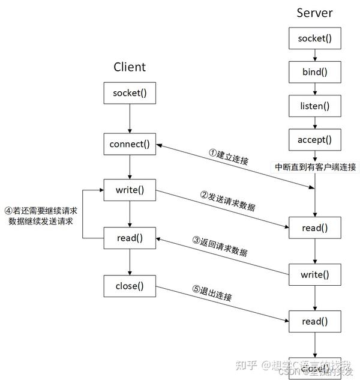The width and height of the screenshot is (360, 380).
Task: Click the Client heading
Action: click(130, 67)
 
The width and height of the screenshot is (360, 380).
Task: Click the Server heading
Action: click(314, 13)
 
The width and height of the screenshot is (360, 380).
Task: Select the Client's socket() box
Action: click(130, 93)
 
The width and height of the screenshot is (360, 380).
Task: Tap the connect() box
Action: click(130, 144)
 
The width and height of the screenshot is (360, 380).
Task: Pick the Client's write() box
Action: click(130, 190)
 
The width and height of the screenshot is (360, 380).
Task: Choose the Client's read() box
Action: click(130, 237)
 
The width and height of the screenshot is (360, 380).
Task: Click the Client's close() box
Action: click(130, 286)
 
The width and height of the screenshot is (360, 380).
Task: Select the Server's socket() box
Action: click(315, 39)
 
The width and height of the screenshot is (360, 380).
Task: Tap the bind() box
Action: click(315, 73)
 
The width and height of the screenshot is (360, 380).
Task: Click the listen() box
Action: click(315, 106)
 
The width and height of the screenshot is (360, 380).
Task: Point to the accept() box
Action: click(315, 140)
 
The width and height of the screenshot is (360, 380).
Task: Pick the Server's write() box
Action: click(315, 275)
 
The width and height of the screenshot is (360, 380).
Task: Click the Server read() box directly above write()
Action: click(315, 228)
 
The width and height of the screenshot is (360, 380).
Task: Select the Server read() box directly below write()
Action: click(315, 322)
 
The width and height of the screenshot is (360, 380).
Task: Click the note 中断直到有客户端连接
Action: click(315, 166)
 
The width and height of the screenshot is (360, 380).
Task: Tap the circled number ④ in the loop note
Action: click(8, 211)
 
